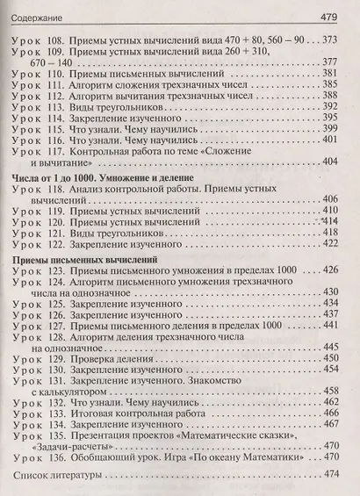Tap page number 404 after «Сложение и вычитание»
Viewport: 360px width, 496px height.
(331, 164)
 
